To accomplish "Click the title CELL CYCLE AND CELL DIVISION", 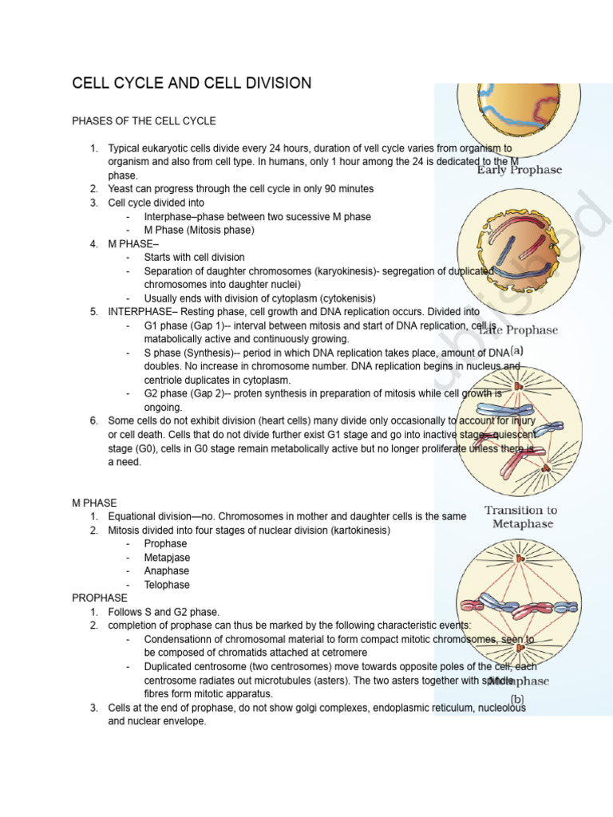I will pos(192,84).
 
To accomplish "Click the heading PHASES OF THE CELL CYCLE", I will pos(144,121).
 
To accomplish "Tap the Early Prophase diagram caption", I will pos(519,170).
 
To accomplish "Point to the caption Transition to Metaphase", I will pos(520,517).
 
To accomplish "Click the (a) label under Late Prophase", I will pos(517,349).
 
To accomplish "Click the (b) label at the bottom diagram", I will pos(517,700).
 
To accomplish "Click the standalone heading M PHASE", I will pos(94,503).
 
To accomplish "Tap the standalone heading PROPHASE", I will pos(100,598).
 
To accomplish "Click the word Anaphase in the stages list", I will pos(167,571).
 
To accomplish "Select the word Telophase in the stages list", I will pos(168,585).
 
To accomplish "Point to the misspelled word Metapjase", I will pos(168,558).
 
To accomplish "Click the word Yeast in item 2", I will pos(122,189).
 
